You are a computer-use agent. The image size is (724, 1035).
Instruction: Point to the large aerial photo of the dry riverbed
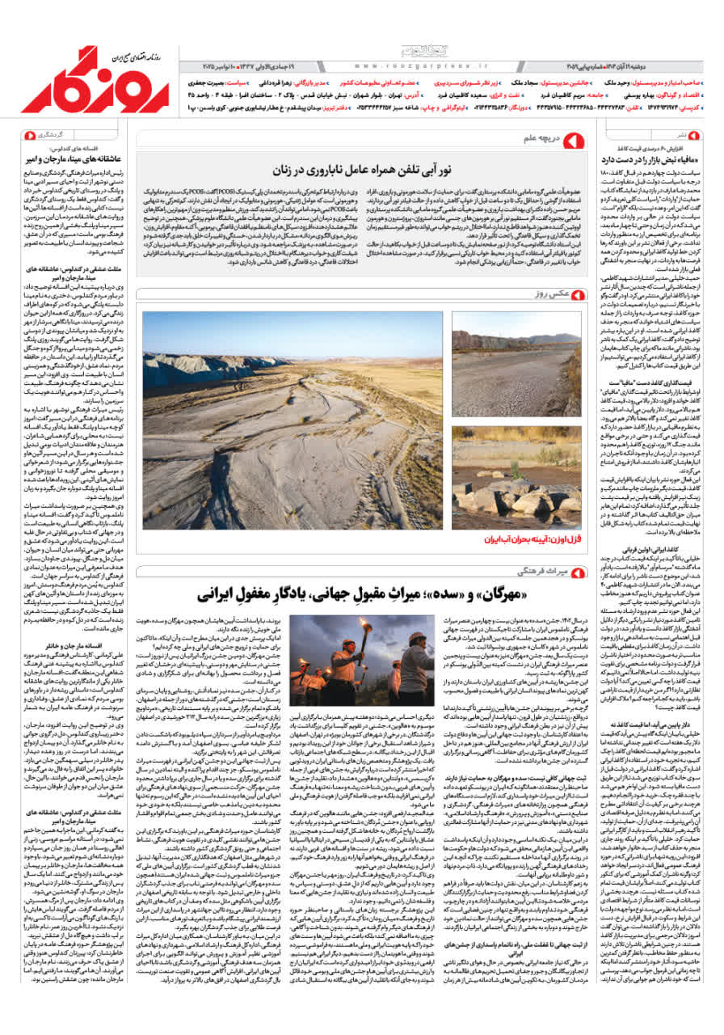(293, 420)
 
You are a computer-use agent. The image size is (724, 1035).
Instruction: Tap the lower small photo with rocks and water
(516, 477)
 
